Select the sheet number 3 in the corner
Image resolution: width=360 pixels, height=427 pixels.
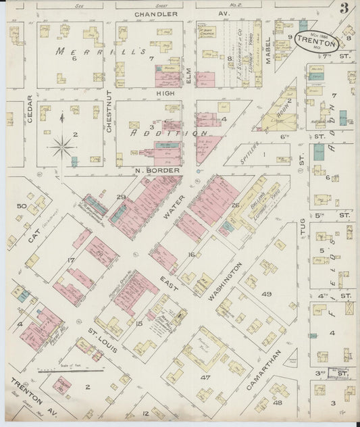pos(344,9)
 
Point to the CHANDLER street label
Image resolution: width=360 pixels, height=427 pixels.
pos(156,14)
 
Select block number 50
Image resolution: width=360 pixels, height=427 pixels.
pos(22,205)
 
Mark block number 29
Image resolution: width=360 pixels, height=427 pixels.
pos(121,197)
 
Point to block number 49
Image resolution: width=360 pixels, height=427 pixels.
pos(266,293)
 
